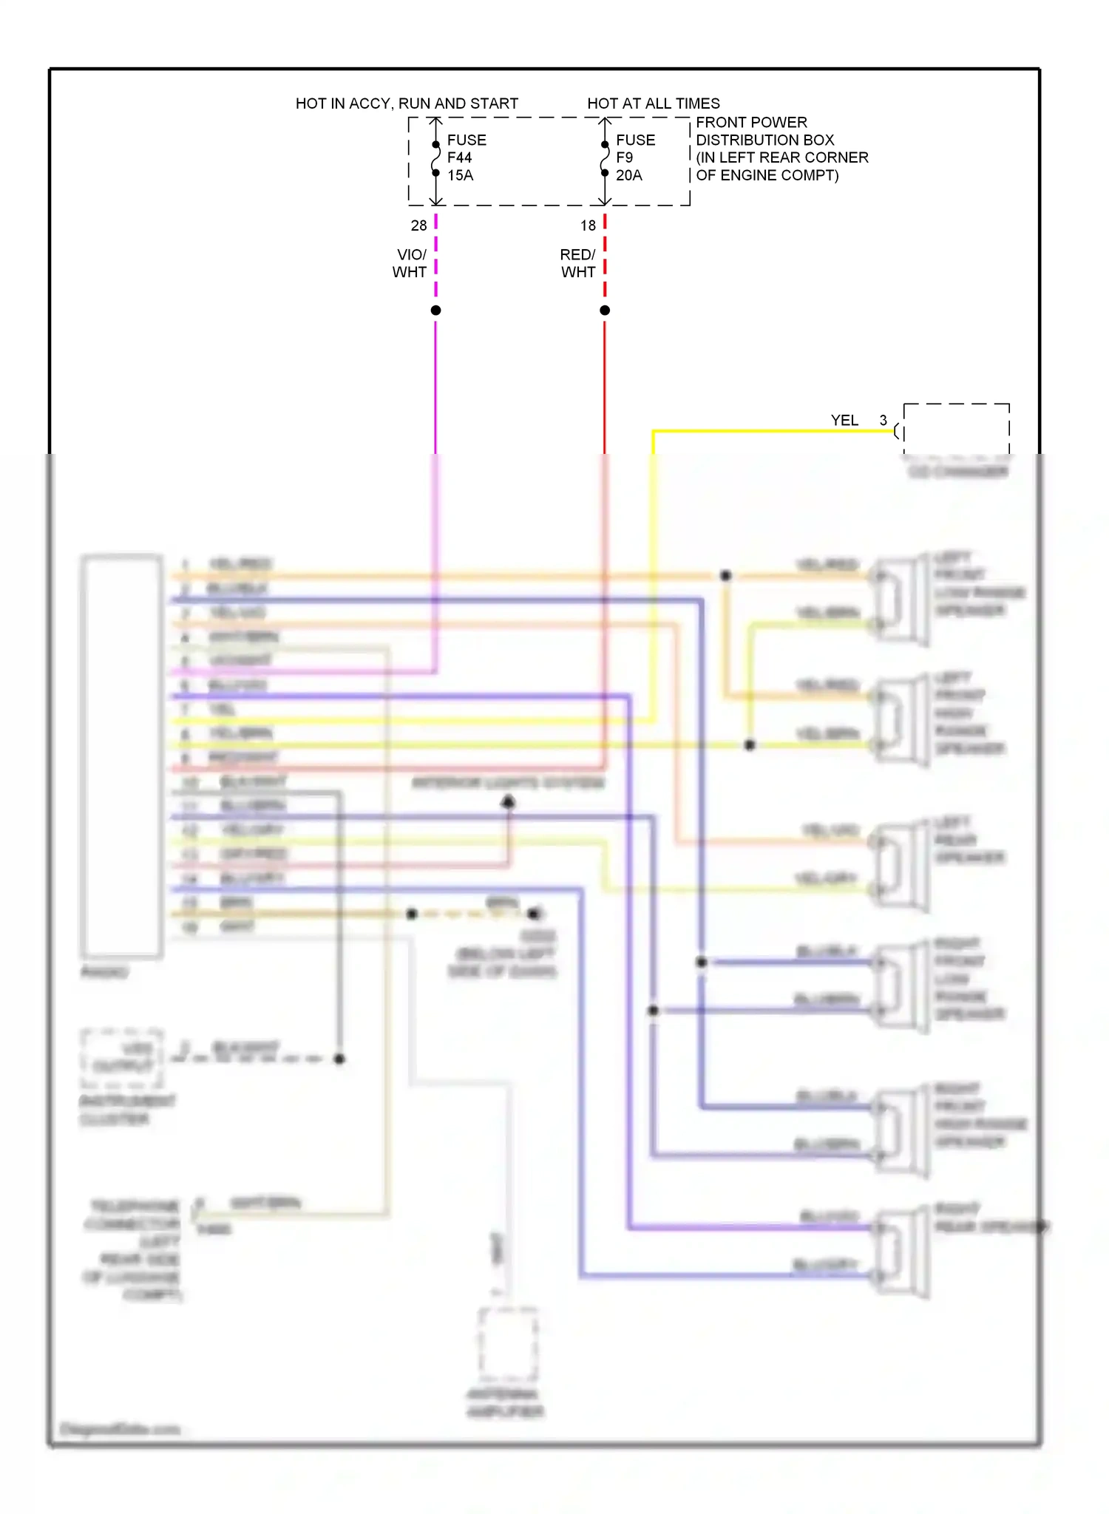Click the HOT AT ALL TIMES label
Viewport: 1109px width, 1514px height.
(653, 103)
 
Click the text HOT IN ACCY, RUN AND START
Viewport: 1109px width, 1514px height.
(407, 103)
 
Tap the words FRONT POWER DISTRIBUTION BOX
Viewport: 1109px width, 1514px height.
(764, 132)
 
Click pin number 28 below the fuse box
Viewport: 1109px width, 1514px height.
(418, 225)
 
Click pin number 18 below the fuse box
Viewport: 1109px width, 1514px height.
(588, 225)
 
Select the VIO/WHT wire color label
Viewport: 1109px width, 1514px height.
(410, 264)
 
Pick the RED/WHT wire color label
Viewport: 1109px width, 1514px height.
(577, 264)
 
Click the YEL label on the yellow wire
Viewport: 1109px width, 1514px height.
(844, 421)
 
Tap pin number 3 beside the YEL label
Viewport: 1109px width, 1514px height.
(883, 420)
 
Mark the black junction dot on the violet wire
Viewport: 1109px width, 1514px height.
(436, 310)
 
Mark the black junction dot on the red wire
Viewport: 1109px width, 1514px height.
(605, 310)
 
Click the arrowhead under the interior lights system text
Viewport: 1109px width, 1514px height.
(509, 801)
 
